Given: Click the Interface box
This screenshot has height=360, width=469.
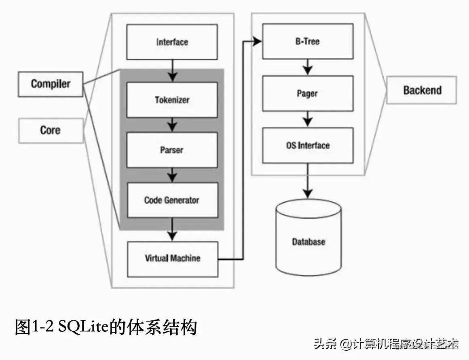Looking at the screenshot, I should [172, 42].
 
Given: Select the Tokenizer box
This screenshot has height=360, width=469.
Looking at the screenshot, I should [172, 100].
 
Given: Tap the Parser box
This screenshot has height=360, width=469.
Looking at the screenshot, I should [172, 150].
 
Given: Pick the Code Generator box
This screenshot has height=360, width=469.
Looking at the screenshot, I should [172, 200].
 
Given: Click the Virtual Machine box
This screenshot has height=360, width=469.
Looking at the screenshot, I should [172, 258].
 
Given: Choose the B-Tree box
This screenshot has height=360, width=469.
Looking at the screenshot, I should [307, 41].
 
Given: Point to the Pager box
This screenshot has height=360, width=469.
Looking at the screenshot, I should [307, 93].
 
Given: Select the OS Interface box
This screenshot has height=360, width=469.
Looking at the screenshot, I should [307, 146].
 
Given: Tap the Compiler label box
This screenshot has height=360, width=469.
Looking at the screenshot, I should [51, 84].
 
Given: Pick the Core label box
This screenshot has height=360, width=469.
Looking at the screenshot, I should [51, 130].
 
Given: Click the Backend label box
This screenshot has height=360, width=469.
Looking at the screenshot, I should [422, 90].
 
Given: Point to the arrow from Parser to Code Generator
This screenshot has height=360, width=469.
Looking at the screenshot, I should [173, 175].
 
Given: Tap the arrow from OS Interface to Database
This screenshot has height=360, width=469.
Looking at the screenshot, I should [308, 182].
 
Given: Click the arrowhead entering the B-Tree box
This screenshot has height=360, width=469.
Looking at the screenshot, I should [257, 40].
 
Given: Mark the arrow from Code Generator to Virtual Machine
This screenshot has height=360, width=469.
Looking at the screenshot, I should [173, 229].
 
